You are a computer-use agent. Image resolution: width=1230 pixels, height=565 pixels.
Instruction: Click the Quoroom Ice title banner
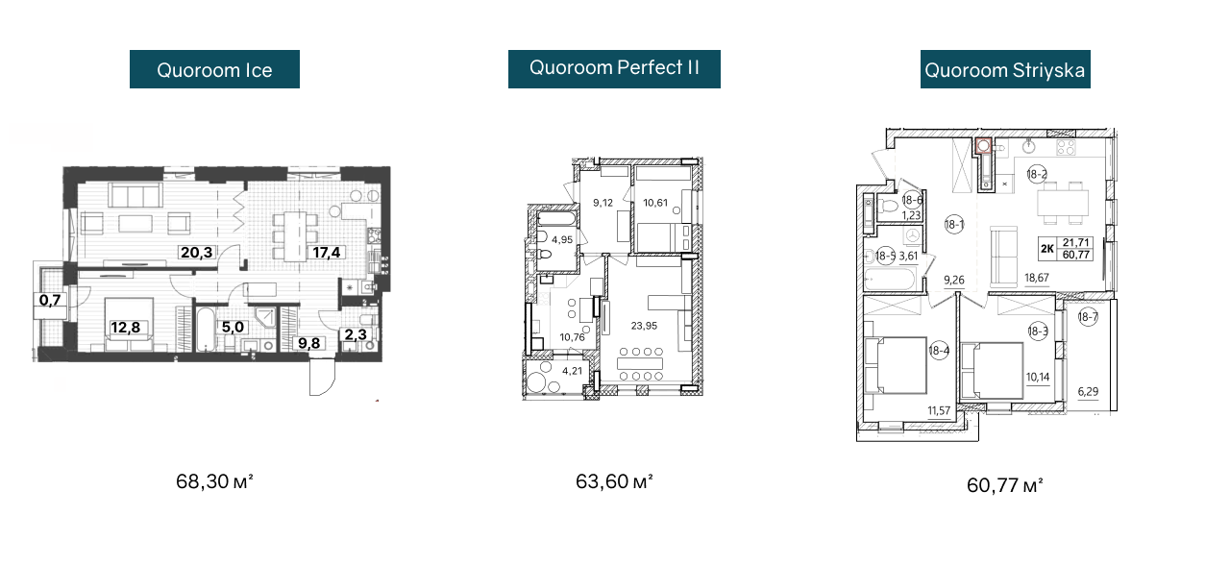tap(214, 69)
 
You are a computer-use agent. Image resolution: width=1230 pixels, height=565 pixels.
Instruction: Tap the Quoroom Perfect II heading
tap(614, 69)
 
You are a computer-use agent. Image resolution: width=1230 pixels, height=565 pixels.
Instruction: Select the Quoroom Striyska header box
tap(1005, 69)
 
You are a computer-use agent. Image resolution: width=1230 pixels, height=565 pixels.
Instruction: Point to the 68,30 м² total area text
tap(214, 481)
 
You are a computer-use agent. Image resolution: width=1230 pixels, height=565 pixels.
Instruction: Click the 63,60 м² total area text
tap(614, 481)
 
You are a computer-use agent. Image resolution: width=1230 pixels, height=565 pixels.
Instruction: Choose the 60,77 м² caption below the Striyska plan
tap(1005, 485)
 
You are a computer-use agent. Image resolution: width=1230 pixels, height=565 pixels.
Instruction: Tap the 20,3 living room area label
tap(197, 252)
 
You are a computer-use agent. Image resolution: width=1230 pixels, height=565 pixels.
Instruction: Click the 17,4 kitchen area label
tap(327, 252)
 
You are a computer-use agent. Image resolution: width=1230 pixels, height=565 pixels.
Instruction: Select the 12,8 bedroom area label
tap(126, 328)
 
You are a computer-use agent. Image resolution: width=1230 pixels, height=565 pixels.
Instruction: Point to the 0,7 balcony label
tap(50, 300)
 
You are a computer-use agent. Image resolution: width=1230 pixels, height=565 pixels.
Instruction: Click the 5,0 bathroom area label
tap(233, 328)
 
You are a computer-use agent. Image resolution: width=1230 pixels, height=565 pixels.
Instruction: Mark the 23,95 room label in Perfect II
tap(644, 326)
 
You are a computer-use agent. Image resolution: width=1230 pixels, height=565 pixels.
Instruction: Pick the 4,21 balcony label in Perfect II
tap(572, 371)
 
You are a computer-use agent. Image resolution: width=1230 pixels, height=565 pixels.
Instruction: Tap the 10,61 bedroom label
tap(655, 203)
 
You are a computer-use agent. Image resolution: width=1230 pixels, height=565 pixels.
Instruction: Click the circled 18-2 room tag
tap(1037, 175)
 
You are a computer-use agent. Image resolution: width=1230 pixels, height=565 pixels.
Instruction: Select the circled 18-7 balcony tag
tap(1088, 317)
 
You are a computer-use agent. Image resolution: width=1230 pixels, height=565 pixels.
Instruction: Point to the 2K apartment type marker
tap(1047, 249)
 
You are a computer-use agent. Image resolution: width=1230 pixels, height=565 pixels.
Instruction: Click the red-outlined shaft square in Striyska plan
tap(983, 145)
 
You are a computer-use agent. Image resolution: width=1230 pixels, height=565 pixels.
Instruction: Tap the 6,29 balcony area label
tap(1089, 391)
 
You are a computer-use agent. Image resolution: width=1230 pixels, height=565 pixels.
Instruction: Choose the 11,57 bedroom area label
tap(939, 410)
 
